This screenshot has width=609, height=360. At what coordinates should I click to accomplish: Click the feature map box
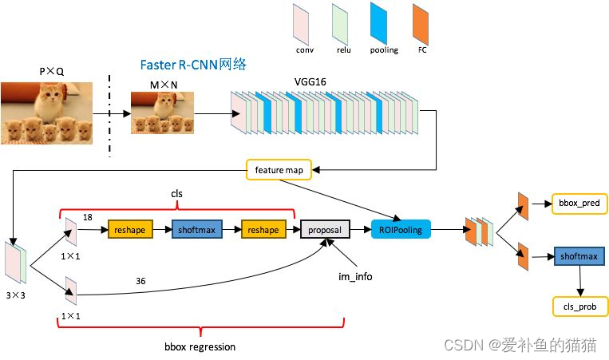pos(279,170)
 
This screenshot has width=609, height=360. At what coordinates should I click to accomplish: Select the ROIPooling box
pos(400,229)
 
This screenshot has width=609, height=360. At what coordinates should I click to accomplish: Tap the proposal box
pos(325,230)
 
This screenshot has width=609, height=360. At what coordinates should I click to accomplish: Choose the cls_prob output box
pos(575,306)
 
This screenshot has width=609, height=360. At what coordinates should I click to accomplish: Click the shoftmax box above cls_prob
pos(577,257)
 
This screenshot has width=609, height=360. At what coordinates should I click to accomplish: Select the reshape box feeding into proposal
pos(264,230)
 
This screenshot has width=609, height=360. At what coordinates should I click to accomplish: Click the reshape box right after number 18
pos(130,230)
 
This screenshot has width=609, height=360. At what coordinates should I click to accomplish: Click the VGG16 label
pos(310,82)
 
